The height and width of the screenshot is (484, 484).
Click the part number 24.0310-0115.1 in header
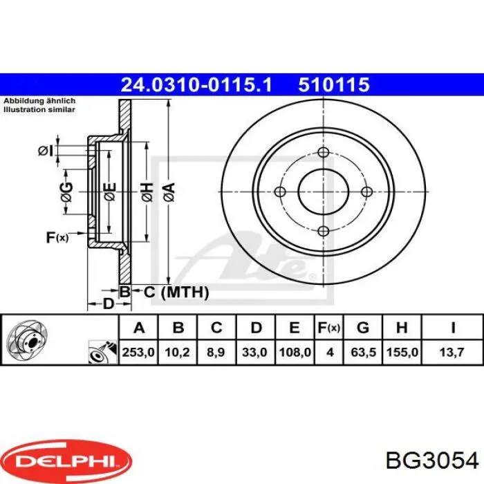(x=197, y=84)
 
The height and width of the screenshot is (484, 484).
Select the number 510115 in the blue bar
(x=335, y=84)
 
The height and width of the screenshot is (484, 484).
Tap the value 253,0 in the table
(x=138, y=352)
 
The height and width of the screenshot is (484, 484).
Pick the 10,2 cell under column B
(x=178, y=352)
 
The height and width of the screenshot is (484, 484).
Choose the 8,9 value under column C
(x=216, y=352)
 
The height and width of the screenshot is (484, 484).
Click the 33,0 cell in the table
(x=255, y=352)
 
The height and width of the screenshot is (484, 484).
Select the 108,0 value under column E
(x=295, y=352)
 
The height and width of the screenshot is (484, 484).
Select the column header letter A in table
(x=138, y=327)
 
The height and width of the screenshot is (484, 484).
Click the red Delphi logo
(x=66, y=458)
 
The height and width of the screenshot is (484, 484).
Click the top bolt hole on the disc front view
(x=324, y=153)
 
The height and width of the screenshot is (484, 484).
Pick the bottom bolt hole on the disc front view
(x=324, y=231)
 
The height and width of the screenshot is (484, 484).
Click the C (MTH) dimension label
(x=176, y=292)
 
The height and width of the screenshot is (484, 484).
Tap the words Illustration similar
(x=35, y=109)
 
